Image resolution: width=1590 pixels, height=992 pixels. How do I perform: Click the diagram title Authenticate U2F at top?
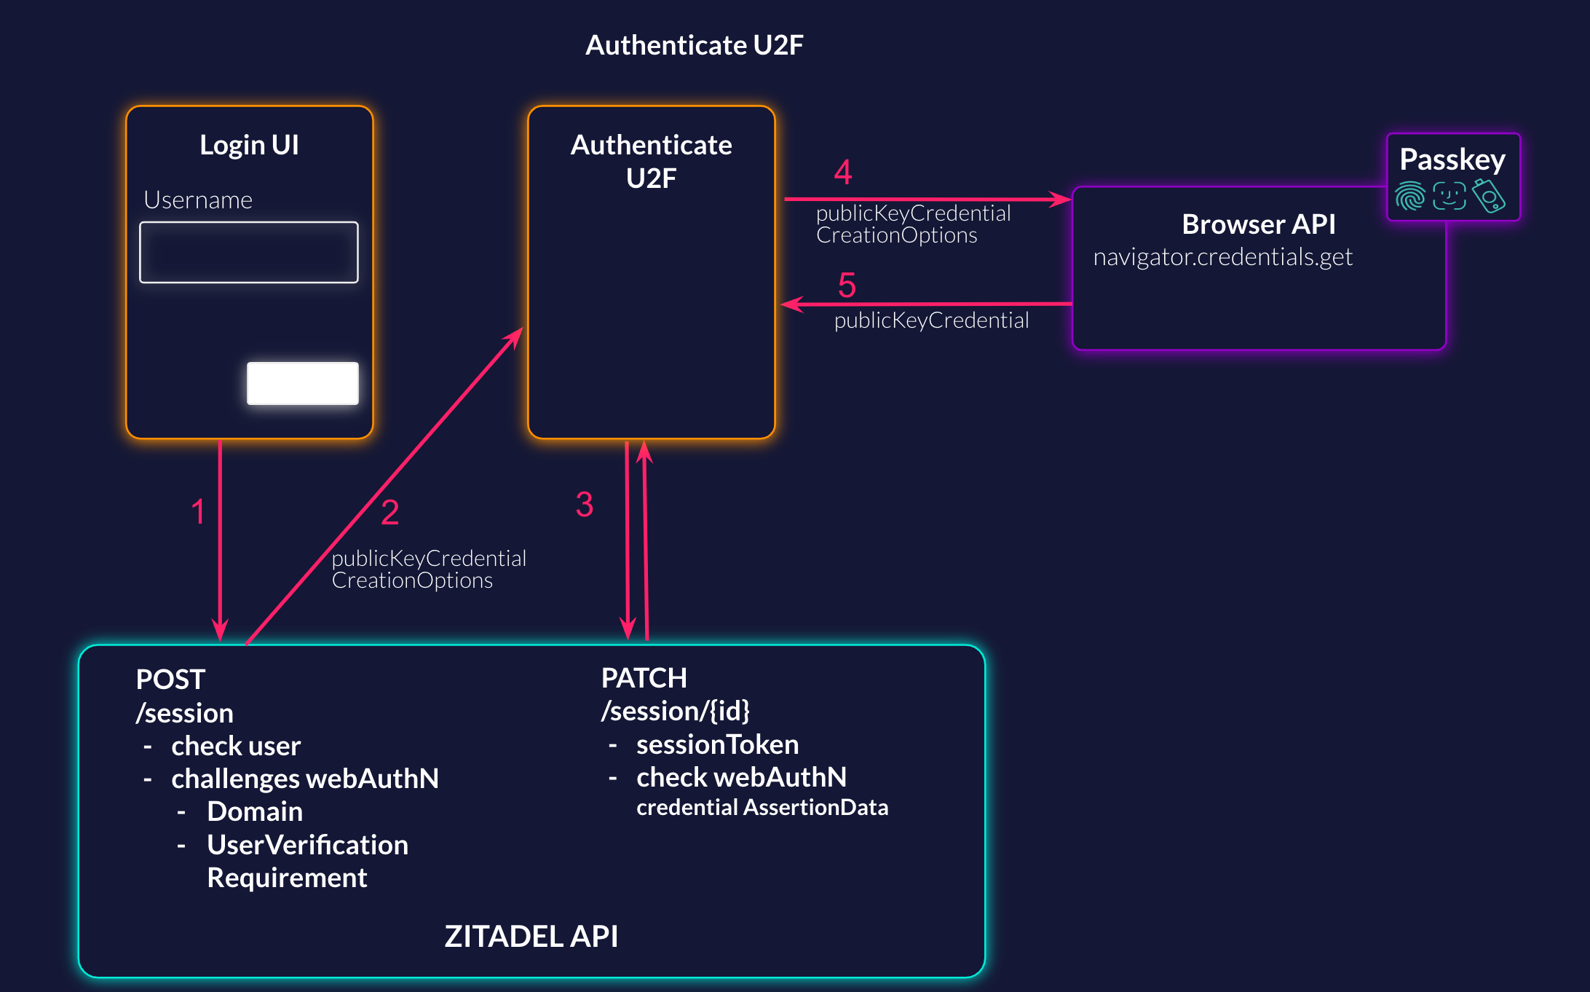tap(694, 45)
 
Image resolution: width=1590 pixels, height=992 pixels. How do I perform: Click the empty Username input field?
tap(249, 252)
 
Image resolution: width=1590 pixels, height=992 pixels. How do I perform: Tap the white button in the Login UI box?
tap(302, 383)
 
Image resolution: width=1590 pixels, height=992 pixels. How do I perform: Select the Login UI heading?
tap(249, 145)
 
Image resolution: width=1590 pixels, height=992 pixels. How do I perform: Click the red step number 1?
tap(198, 511)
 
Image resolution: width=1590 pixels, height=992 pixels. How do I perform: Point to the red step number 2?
tap(390, 512)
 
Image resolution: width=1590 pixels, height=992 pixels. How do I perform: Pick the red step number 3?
tap(585, 505)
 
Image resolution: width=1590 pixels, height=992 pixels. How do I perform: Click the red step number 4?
tap(843, 173)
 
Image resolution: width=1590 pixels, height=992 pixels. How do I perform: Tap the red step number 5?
tap(847, 285)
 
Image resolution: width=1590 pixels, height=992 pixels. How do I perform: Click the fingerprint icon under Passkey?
tap(1410, 196)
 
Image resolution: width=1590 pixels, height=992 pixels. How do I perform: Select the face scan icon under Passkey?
tap(1449, 196)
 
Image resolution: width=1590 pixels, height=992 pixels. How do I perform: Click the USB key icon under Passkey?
tap(1488, 196)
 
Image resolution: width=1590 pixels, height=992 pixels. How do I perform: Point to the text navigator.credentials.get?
tap(1222, 257)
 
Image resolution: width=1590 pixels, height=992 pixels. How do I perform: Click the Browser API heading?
tap(1258, 224)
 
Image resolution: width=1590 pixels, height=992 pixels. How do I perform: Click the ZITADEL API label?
tap(531, 936)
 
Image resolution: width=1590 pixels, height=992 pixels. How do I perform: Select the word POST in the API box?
tap(170, 680)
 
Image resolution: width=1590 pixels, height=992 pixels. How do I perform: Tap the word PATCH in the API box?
tap(644, 678)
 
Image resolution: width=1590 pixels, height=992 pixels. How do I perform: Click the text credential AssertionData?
tap(762, 808)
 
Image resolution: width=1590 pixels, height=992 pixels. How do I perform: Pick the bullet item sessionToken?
tap(717, 744)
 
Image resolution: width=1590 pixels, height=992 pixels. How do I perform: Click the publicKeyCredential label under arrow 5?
tap(931, 320)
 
